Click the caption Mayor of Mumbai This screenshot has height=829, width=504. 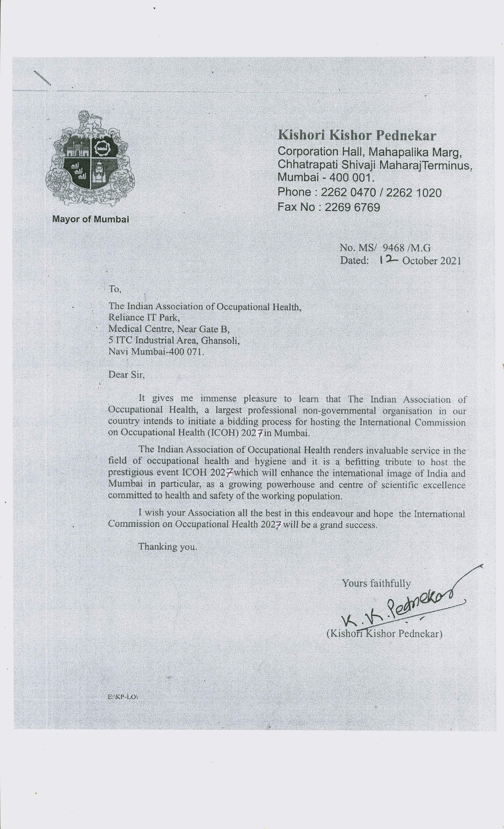[x=91, y=219]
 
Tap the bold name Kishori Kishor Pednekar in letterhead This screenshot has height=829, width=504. [x=357, y=135]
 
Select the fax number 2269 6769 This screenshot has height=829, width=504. [x=352, y=207]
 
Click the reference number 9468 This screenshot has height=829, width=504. [x=386, y=248]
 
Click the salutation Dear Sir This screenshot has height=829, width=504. [x=127, y=374]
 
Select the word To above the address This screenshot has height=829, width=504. [x=115, y=289]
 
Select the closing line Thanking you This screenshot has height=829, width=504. [x=167, y=547]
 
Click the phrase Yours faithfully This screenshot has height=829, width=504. [x=376, y=583]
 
